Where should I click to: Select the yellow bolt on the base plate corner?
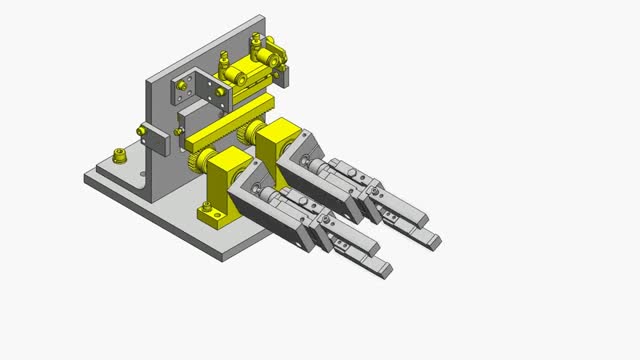[120, 155]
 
